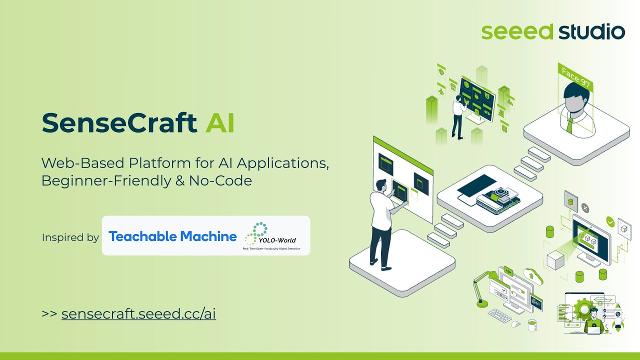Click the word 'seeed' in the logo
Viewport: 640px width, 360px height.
click(x=517, y=31)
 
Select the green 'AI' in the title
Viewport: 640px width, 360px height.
click(x=220, y=123)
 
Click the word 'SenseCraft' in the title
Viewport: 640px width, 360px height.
click(x=119, y=123)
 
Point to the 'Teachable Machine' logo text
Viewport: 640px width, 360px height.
click(x=172, y=236)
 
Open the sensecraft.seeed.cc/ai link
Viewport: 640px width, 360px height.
click(x=138, y=314)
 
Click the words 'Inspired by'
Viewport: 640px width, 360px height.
click(x=70, y=237)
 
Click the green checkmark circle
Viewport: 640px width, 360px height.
click(x=610, y=221)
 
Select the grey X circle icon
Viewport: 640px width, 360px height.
click(x=585, y=208)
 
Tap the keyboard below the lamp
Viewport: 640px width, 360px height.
click(x=500, y=315)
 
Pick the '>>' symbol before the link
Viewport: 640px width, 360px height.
click(x=49, y=314)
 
